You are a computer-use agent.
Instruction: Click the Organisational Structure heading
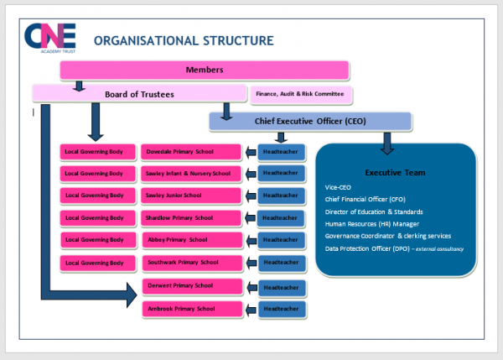(x=183, y=40)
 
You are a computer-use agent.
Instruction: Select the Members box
(x=204, y=70)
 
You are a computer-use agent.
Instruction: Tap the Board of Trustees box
(x=139, y=94)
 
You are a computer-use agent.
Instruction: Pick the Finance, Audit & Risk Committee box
(x=301, y=94)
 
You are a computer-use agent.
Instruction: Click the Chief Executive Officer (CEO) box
(x=310, y=122)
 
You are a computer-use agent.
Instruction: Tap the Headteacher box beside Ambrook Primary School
(x=283, y=309)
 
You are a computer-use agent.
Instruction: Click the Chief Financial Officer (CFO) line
(x=365, y=199)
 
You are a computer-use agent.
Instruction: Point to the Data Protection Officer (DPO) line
(x=394, y=249)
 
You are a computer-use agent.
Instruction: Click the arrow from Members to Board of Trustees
(x=79, y=85)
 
